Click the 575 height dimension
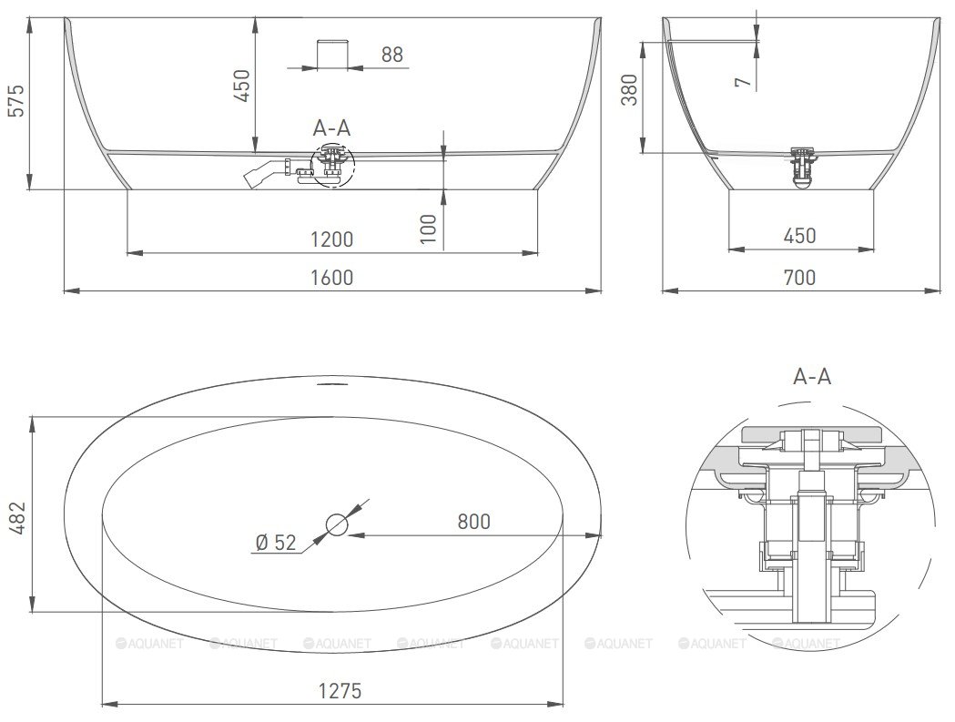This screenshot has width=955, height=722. (15, 100)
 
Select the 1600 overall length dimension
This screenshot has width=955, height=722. (332, 278)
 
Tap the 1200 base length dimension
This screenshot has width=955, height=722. (332, 239)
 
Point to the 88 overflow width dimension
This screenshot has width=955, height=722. (392, 55)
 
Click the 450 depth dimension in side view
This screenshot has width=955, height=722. (242, 86)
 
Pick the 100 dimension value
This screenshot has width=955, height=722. (429, 229)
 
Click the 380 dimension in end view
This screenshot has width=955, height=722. (629, 89)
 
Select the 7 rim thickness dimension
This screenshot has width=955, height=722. (743, 82)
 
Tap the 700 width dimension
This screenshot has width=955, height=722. (799, 278)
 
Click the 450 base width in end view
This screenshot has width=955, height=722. (799, 236)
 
